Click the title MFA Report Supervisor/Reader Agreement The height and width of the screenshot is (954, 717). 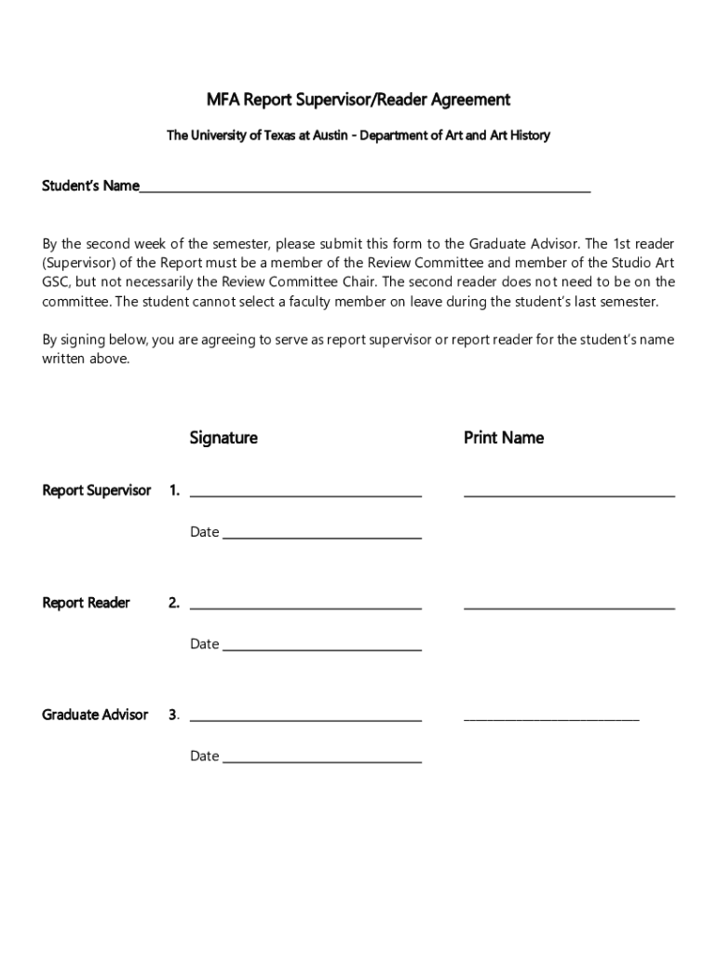point(358,100)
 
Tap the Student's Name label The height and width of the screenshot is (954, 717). point(90,186)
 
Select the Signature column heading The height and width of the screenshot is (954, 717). point(223,438)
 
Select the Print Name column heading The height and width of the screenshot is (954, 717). point(504,438)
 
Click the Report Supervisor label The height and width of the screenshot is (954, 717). point(97,490)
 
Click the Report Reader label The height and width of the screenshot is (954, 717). point(87,603)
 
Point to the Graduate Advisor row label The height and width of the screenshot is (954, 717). point(95,715)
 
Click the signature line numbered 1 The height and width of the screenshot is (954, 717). point(305,494)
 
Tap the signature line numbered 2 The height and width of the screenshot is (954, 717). point(305,606)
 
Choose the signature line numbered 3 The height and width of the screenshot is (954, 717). point(305,718)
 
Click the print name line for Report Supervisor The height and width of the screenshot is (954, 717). point(569,494)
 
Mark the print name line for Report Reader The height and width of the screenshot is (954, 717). point(569,606)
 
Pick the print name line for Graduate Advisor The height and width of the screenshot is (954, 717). point(551,718)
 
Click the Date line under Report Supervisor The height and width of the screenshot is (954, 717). point(322,537)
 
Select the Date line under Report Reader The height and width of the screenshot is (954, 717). point(322,648)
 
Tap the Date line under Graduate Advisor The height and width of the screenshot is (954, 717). point(322,760)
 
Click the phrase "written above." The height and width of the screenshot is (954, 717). point(87,359)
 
